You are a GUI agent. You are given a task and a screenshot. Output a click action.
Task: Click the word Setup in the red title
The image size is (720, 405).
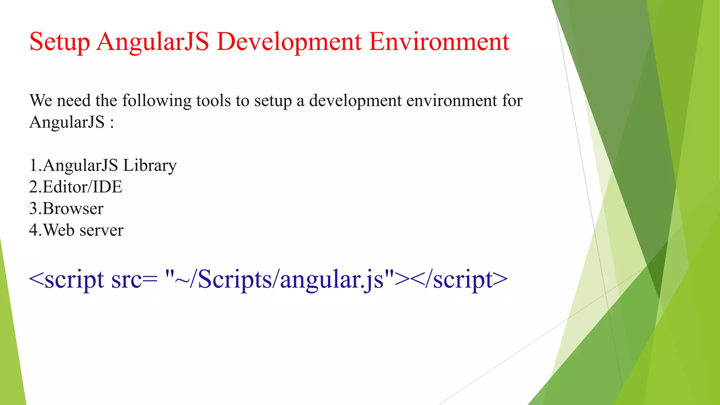(59, 42)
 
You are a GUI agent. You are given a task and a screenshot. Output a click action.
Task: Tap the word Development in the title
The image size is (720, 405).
(289, 42)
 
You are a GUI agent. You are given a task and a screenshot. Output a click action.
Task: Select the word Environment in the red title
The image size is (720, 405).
(439, 41)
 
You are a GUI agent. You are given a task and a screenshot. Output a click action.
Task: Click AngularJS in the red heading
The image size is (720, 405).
(153, 42)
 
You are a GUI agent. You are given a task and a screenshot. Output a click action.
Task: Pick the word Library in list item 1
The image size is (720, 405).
(150, 166)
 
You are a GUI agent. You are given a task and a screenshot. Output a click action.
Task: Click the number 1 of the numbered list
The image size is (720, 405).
(33, 165)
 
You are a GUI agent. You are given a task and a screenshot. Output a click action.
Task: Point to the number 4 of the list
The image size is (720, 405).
(33, 230)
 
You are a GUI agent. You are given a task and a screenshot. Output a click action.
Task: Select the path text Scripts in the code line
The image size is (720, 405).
(235, 280)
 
